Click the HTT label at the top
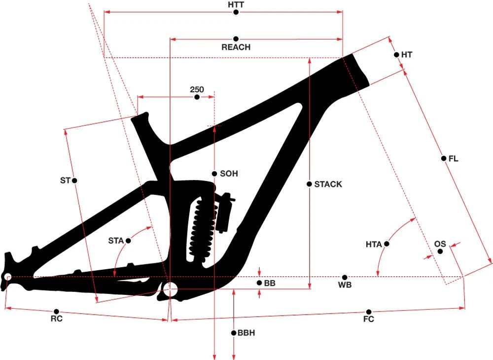pyautogui.click(x=236, y=5)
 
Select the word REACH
pyautogui.click(x=236, y=47)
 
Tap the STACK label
pyautogui.click(x=328, y=184)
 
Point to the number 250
pyautogui.click(x=197, y=90)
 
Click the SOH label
pyautogui.click(x=229, y=174)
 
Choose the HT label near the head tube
pyautogui.click(x=407, y=55)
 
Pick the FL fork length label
pyautogui.click(x=453, y=159)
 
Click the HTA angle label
pyautogui.click(x=374, y=244)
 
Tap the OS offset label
pyautogui.click(x=440, y=244)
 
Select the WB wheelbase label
pyautogui.click(x=345, y=285)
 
